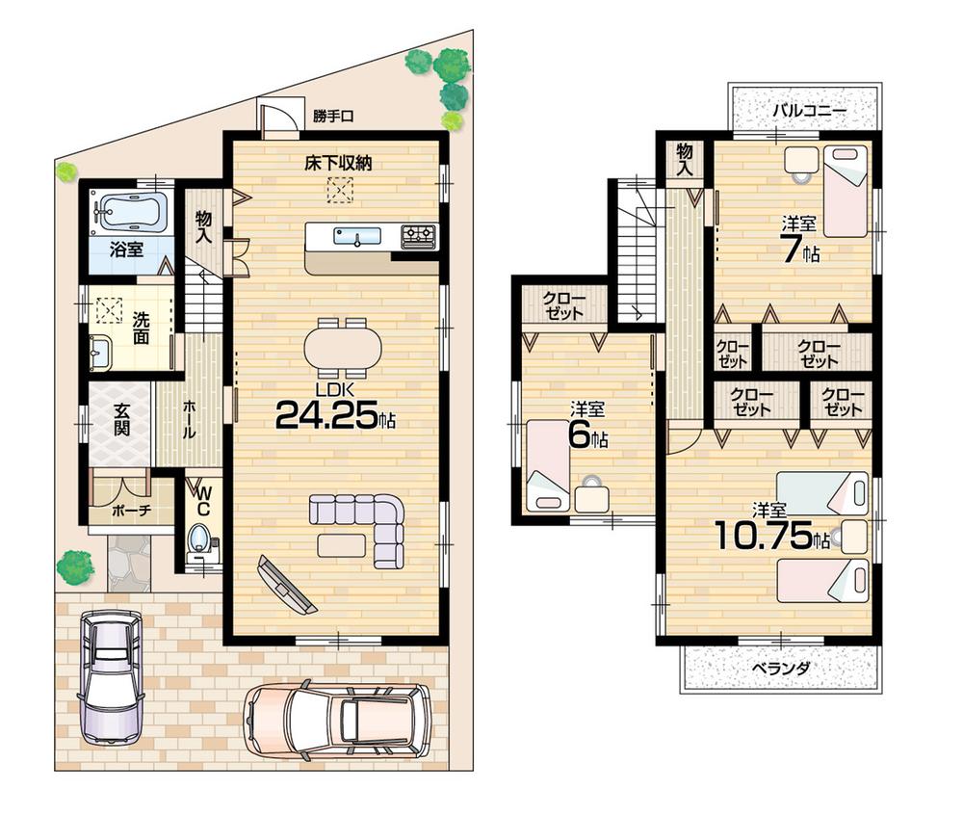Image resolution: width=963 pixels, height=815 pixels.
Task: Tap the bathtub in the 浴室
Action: click(129, 210)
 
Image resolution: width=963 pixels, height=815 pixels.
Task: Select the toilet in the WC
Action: click(200, 538)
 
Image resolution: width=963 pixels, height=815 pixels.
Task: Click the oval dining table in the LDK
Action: click(343, 348)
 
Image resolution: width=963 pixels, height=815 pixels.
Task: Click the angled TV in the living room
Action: click(287, 585)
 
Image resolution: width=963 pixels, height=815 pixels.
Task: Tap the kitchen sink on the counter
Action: click(355, 235)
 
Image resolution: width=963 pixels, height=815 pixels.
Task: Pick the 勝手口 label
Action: click(333, 117)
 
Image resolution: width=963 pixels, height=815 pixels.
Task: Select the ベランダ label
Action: click(781, 668)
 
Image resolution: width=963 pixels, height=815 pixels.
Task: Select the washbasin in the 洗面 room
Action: click(100, 353)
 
